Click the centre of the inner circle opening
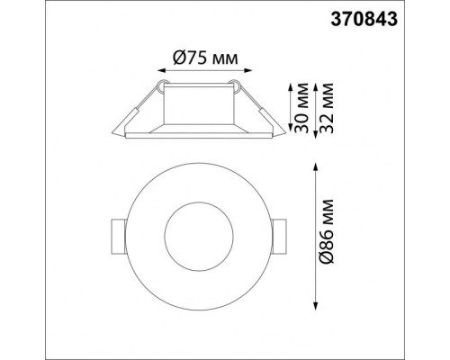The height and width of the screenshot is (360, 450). point(198,237)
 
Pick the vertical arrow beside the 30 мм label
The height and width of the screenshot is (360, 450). point(289,108)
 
